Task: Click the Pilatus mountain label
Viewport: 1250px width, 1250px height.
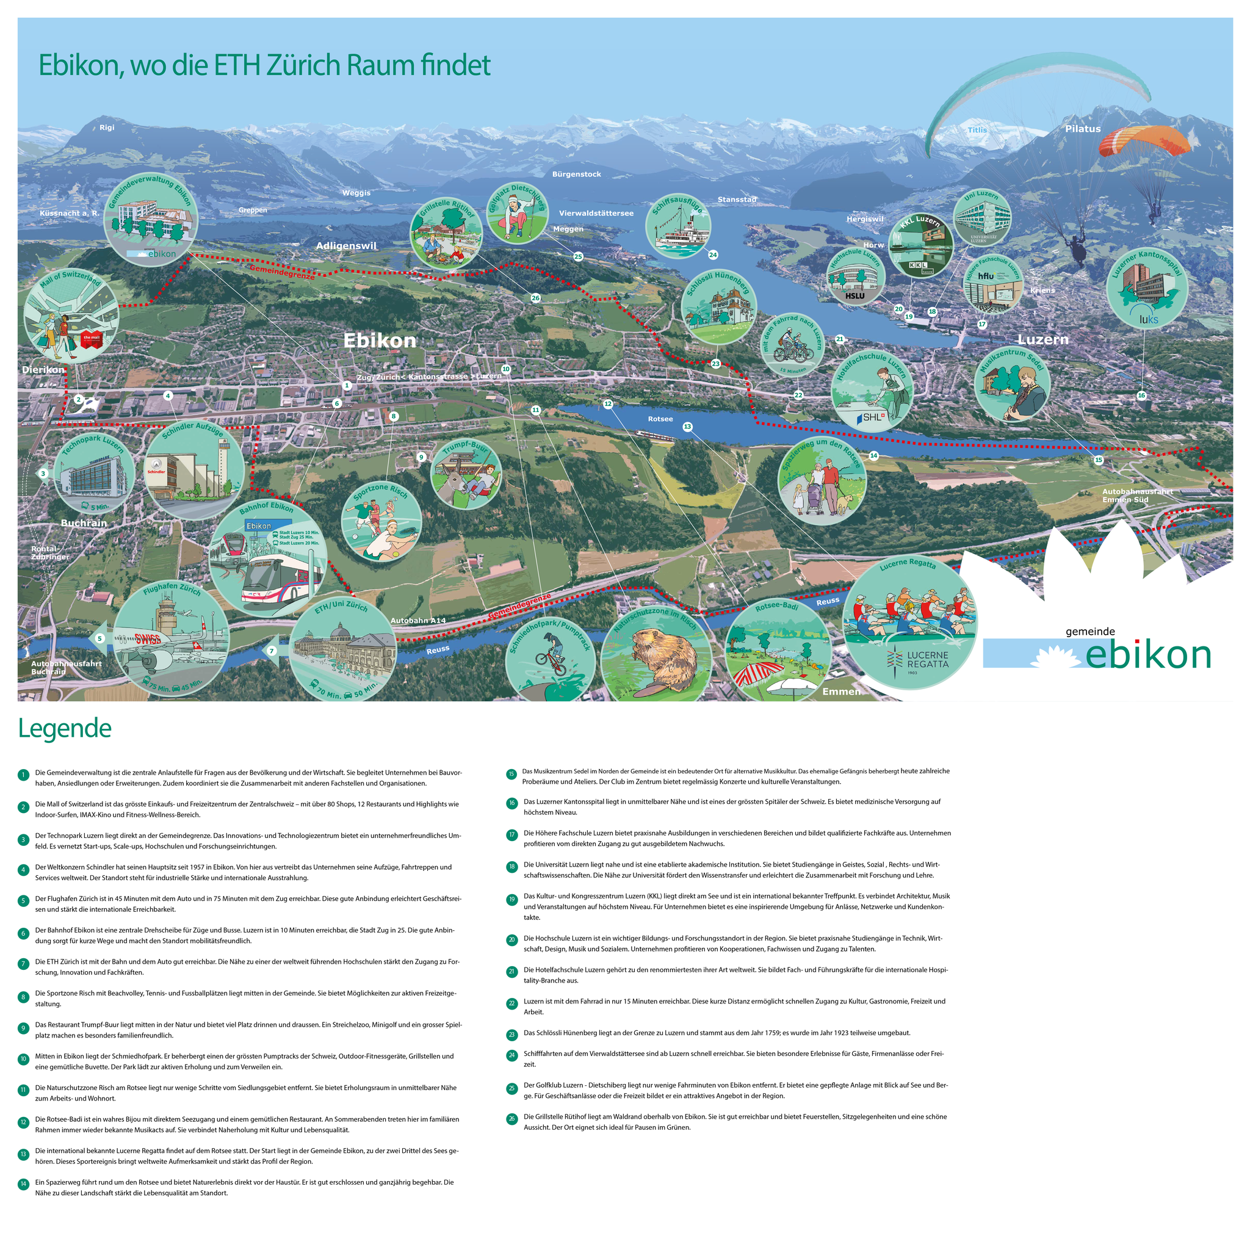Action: (1082, 129)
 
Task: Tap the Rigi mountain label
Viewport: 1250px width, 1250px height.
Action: (107, 128)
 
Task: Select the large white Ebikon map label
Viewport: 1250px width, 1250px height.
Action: (379, 341)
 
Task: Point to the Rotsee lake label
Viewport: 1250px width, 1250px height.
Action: (660, 419)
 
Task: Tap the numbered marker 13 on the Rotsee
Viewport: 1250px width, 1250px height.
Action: (687, 427)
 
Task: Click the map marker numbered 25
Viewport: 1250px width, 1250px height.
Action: (578, 256)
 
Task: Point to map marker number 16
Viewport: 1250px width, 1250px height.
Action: (1141, 396)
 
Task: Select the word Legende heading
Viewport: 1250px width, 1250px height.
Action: (65, 728)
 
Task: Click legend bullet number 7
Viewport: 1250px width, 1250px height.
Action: (23, 963)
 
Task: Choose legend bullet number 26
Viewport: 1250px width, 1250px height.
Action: (511, 1118)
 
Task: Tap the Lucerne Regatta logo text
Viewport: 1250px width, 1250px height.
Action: (927, 659)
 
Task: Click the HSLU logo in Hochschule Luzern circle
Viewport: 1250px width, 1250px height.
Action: (854, 295)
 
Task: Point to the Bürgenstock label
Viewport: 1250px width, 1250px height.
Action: (576, 174)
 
